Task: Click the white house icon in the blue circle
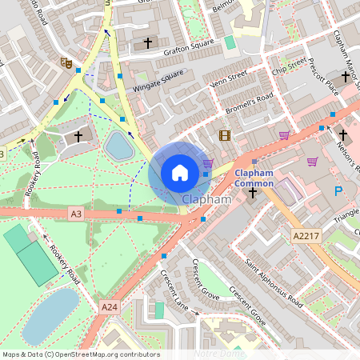[x=180, y=172]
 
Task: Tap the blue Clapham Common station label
[x=254, y=178]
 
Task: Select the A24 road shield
[x=110, y=306]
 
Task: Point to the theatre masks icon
[x=65, y=62]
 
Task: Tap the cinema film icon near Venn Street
[x=224, y=134]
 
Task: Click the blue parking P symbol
[x=338, y=191]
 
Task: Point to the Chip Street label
[x=288, y=64]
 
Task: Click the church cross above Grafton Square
[x=147, y=42]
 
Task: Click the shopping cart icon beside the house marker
[x=208, y=163]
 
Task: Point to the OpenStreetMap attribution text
[x=80, y=354]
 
